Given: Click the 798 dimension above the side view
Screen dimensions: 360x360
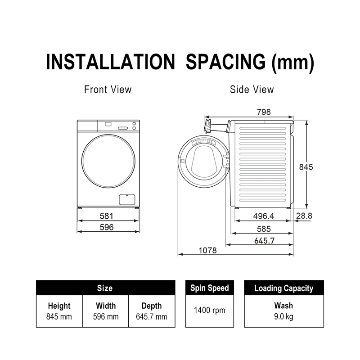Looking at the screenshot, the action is pyautogui.click(x=264, y=112).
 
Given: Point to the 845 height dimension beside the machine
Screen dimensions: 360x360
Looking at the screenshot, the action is pyautogui.click(x=306, y=167).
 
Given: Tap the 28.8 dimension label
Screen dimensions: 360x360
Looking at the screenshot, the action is pyautogui.click(x=304, y=216).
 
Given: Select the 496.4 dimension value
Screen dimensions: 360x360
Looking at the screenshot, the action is pyautogui.click(x=264, y=216).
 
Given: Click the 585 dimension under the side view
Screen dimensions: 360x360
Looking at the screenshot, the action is pyautogui.click(x=264, y=229).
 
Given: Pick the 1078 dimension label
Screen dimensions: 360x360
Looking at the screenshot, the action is pyautogui.click(x=207, y=250).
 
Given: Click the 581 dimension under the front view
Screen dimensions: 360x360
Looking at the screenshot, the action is pyautogui.click(x=107, y=216).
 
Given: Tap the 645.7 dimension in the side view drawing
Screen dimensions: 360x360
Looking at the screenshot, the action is pyautogui.click(x=264, y=241).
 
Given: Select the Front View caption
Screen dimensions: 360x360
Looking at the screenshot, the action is pyautogui.click(x=108, y=90).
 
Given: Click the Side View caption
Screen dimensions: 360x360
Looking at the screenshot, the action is pyautogui.click(x=252, y=90).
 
